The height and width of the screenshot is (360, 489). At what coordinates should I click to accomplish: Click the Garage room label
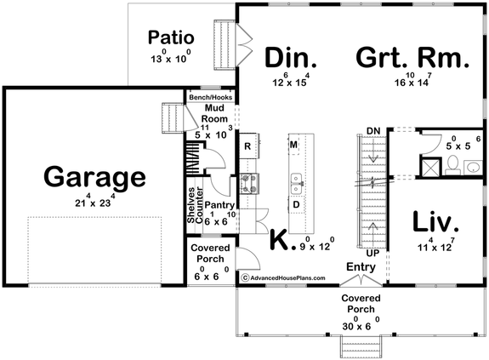click(x=94, y=179)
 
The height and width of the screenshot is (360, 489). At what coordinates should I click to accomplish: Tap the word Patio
click(x=171, y=37)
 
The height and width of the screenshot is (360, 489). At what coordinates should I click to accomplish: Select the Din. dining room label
click(x=290, y=58)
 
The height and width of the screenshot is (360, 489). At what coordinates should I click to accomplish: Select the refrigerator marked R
click(x=247, y=146)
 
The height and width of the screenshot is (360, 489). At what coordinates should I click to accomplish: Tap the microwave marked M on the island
click(x=293, y=145)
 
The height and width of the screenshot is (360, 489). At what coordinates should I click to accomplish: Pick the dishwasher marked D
click(x=296, y=205)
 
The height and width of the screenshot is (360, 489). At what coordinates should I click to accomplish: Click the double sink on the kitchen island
click(x=296, y=180)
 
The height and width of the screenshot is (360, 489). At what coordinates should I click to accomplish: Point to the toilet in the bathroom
click(x=452, y=163)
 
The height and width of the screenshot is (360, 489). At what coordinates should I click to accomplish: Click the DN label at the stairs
click(x=372, y=129)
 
